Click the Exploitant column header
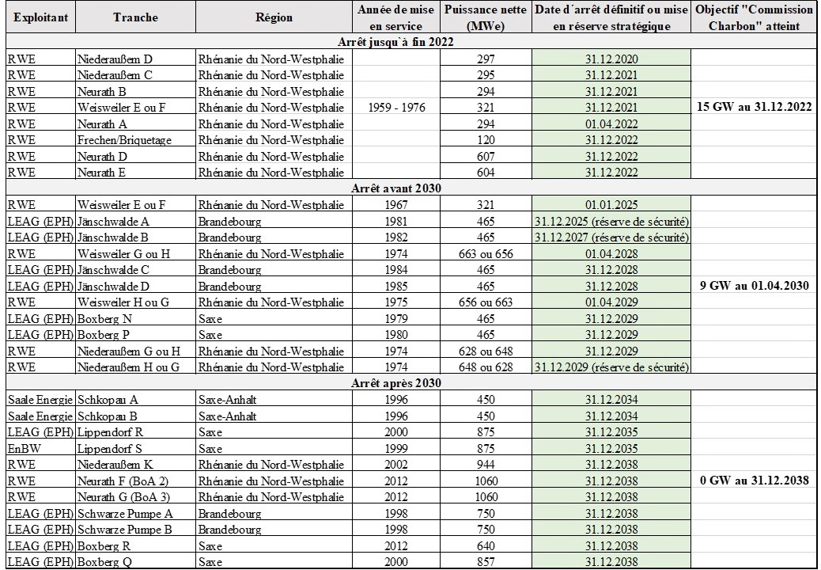pyautogui.click(x=40, y=17)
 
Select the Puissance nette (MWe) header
pyautogui.click(x=486, y=17)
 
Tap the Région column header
pyautogui.click(x=274, y=17)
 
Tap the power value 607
pyautogui.click(x=486, y=156)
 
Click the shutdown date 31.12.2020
pyautogui.click(x=611, y=59)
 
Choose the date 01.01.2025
pyautogui.click(x=611, y=204)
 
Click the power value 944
pyautogui.click(x=486, y=464)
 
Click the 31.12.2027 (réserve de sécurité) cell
pyautogui.click(x=611, y=237)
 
